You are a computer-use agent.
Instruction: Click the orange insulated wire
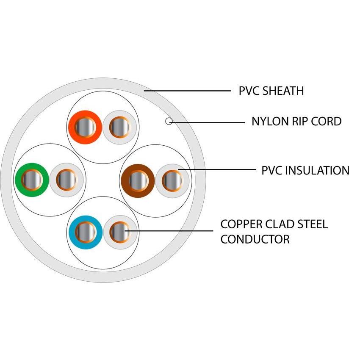[85, 127]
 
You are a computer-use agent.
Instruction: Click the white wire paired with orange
[119, 127]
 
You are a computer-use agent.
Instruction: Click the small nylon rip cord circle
[169, 122]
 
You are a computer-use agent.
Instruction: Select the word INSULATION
[317, 170]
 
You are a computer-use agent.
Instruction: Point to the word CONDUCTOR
[255, 239]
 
